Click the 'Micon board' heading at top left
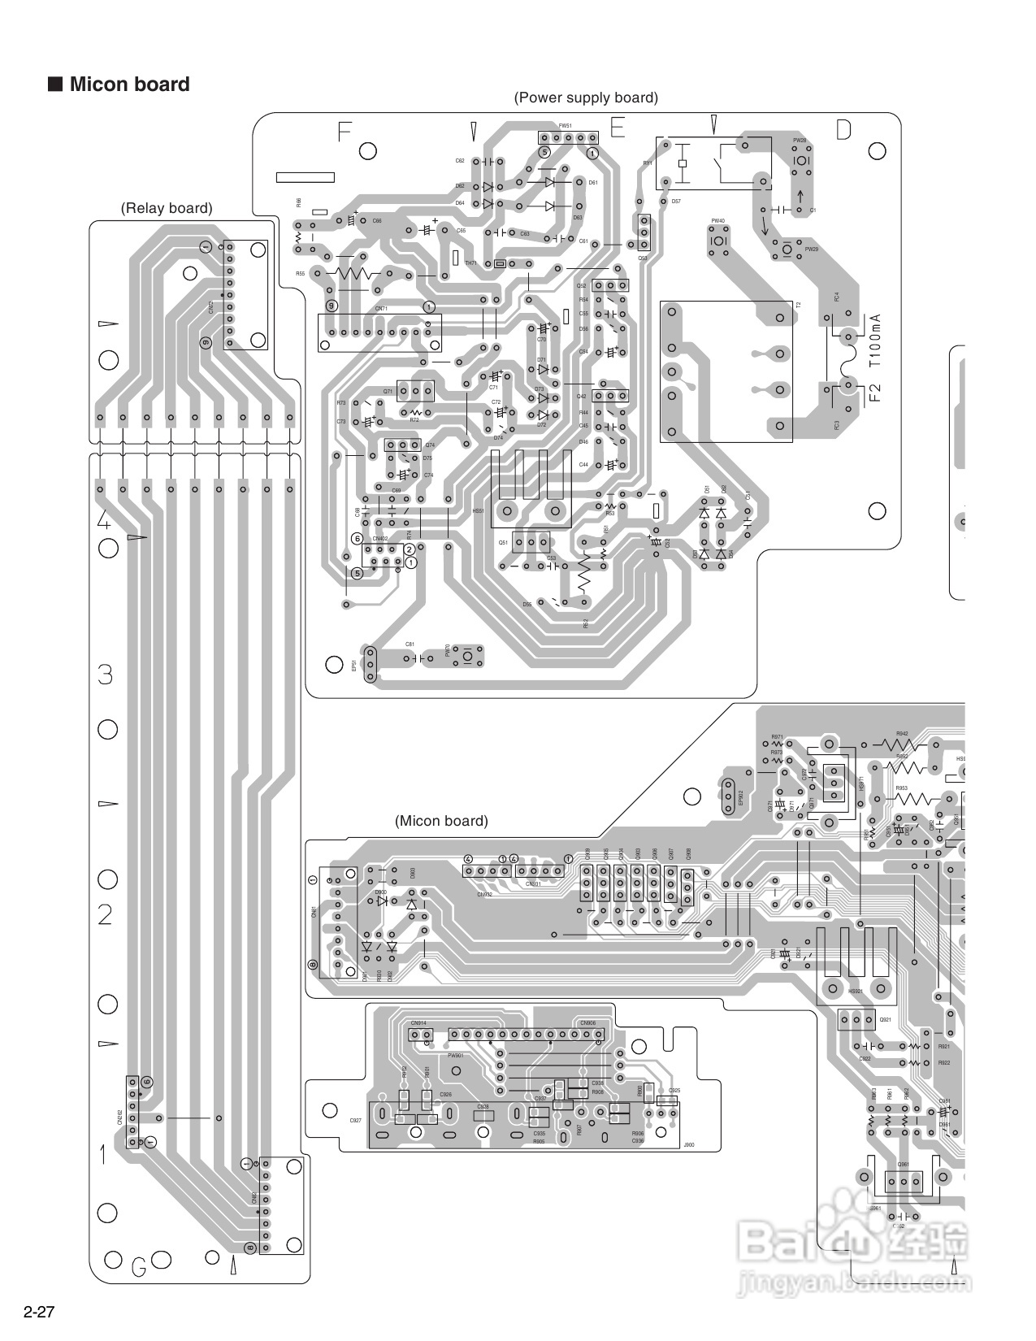coord(128,85)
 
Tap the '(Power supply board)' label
coord(585,98)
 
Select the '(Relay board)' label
coord(167,208)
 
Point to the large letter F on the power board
coord(345,132)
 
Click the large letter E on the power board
coord(618,128)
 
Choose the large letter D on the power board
coord(843,130)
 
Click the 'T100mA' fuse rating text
coord(874,342)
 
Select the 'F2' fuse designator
coord(874,395)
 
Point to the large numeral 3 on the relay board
coord(105,675)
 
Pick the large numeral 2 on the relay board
coord(105,915)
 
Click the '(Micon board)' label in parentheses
coord(441,821)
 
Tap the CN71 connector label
coord(381,309)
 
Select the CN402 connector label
coord(380,539)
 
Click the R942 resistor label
coord(902,732)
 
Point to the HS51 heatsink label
coord(478,511)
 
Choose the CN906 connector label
coord(587,1023)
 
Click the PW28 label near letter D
coord(800,141)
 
